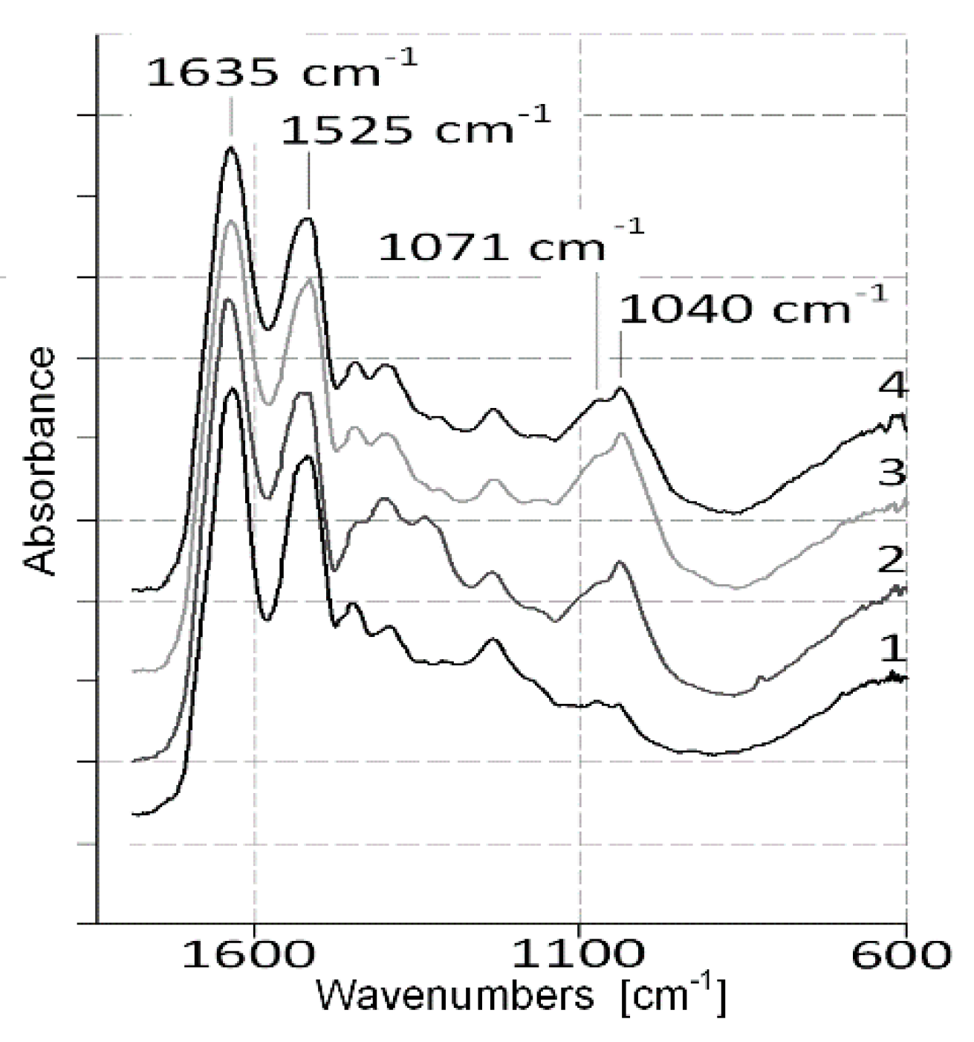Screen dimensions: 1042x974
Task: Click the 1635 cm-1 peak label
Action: click(281, 72)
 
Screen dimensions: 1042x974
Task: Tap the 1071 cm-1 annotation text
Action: click(510, 245)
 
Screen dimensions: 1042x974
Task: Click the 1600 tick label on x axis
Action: click(255, 955)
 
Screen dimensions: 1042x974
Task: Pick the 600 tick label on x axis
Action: click(900, 955)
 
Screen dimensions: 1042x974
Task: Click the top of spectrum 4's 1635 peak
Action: click(231, 148)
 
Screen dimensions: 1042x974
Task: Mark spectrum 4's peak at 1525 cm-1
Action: click(308, 219)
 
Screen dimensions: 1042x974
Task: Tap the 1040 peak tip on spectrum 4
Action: click(620, 388)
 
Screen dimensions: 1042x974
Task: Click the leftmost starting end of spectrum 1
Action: click(134, 815)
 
